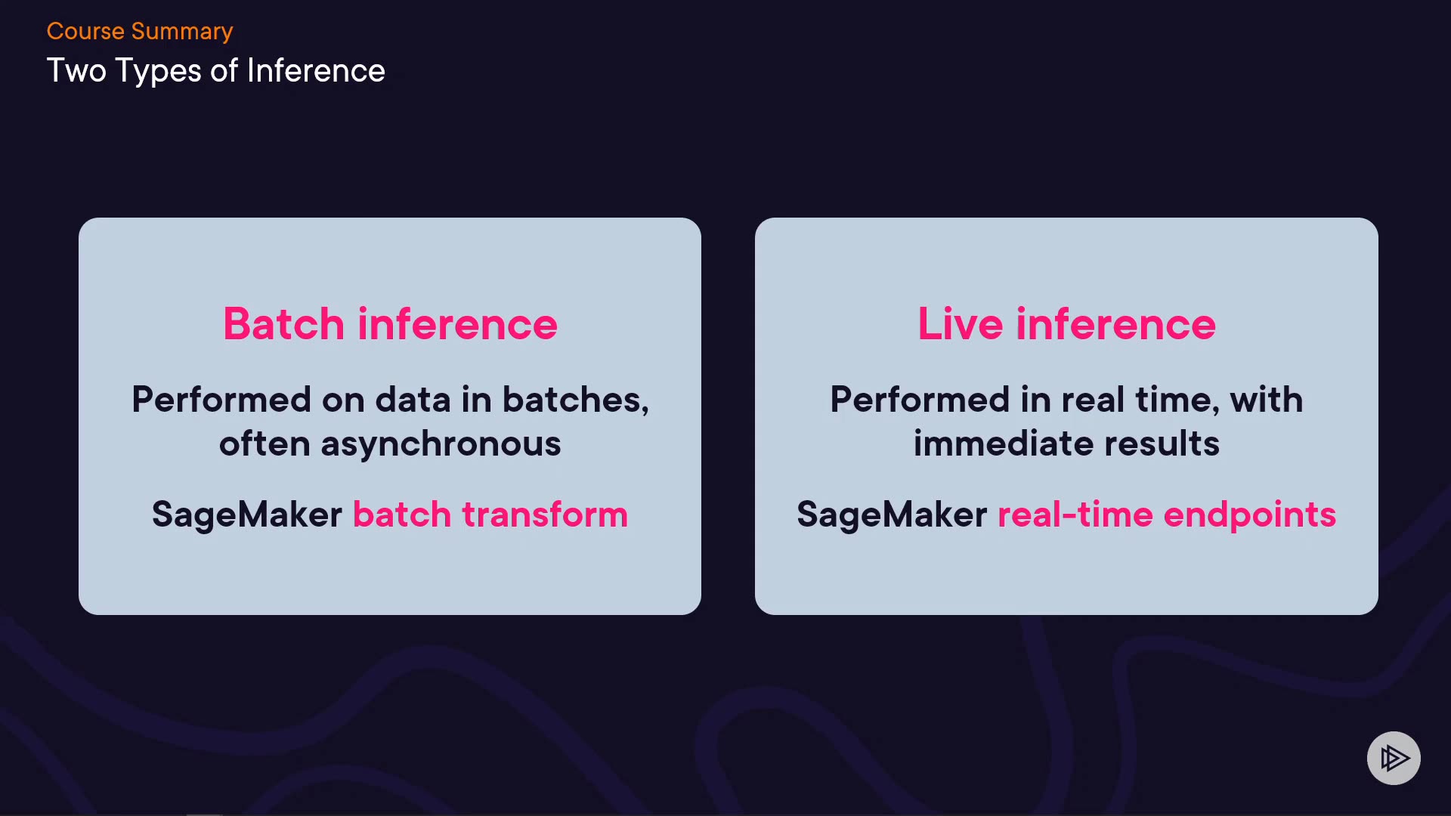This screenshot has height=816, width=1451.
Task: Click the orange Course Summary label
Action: (140, 32)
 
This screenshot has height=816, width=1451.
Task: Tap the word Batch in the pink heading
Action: (284, 324)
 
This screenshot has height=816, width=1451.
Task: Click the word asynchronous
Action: (441, 444)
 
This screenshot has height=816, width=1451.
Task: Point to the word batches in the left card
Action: (575, 400)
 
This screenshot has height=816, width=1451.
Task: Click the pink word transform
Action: (545, 515)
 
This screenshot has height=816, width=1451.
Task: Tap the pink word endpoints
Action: (1250, 516)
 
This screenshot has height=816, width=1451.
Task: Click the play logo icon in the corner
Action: (1394, 758)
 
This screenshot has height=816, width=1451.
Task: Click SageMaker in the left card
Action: (247, 515)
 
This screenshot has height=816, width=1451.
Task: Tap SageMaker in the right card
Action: (892, 515)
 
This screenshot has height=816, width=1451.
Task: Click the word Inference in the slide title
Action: (316, 71)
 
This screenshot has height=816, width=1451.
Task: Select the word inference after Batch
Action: (457, 324)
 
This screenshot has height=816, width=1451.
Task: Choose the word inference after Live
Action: (1115, 324)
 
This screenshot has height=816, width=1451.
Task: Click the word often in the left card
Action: (265, 444)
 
